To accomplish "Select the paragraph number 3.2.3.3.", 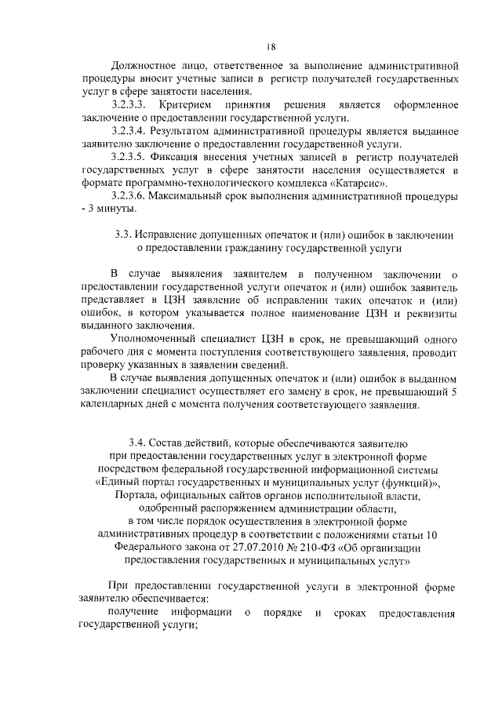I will [x=130, y=105].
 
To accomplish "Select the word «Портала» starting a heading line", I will [x=138, y=496].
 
